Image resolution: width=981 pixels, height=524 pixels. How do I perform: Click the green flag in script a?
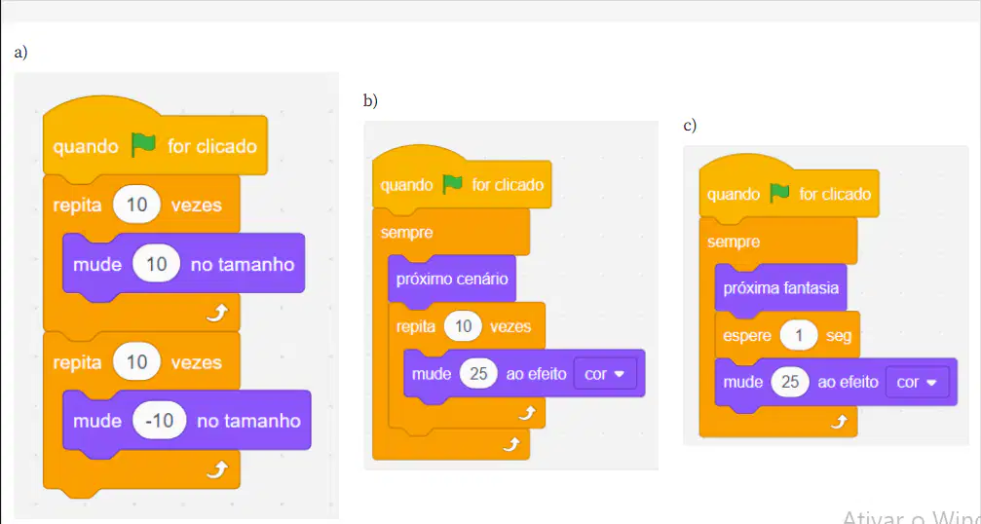pyautogui.click(x=143, y=146)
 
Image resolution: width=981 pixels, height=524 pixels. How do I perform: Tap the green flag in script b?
pyautogui.click(x=452, y=184)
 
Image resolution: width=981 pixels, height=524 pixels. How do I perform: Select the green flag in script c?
pyautogui.click(x=779, y=193)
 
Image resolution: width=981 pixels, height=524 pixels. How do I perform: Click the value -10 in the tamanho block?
pyautogui.click(x=160, y=420)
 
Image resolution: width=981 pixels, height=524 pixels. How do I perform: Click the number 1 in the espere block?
pyautogui.click(x=798, y=336)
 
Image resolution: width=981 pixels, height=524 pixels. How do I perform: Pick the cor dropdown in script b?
pyautogui.click(x=604, y=374)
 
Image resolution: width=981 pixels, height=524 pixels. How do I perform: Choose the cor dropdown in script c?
pyautogui.click(x=917, y=382)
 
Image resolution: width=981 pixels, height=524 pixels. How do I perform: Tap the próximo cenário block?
pyautogui.click(x=452, y=279)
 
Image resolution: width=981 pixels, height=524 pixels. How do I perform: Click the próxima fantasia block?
pyautogui.click(x=780, y=288)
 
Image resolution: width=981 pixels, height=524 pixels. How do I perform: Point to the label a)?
pyautogui.click(x=20, y=53)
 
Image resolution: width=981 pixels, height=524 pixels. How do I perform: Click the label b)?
pyautogui.click(x=370, y=100)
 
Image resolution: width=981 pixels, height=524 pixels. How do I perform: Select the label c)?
pyautogui.click(x=690, y=126)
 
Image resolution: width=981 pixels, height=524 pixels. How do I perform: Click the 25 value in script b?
pyautogui.click(x=478, y=374)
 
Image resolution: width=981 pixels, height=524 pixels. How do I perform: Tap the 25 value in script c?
pyautogui.click(x=790, y=382)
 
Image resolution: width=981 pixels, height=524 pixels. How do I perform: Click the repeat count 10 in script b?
pyautogui.click(x=463, y=326)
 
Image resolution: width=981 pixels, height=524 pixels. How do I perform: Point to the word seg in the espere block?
pyautogui.click(x=839, y=336)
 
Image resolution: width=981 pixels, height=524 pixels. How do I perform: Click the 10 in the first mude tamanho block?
pyautogui.click(x=157, y=264)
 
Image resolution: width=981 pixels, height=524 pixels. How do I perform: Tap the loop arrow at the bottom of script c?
pyautogui.click(x=838, y=423)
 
